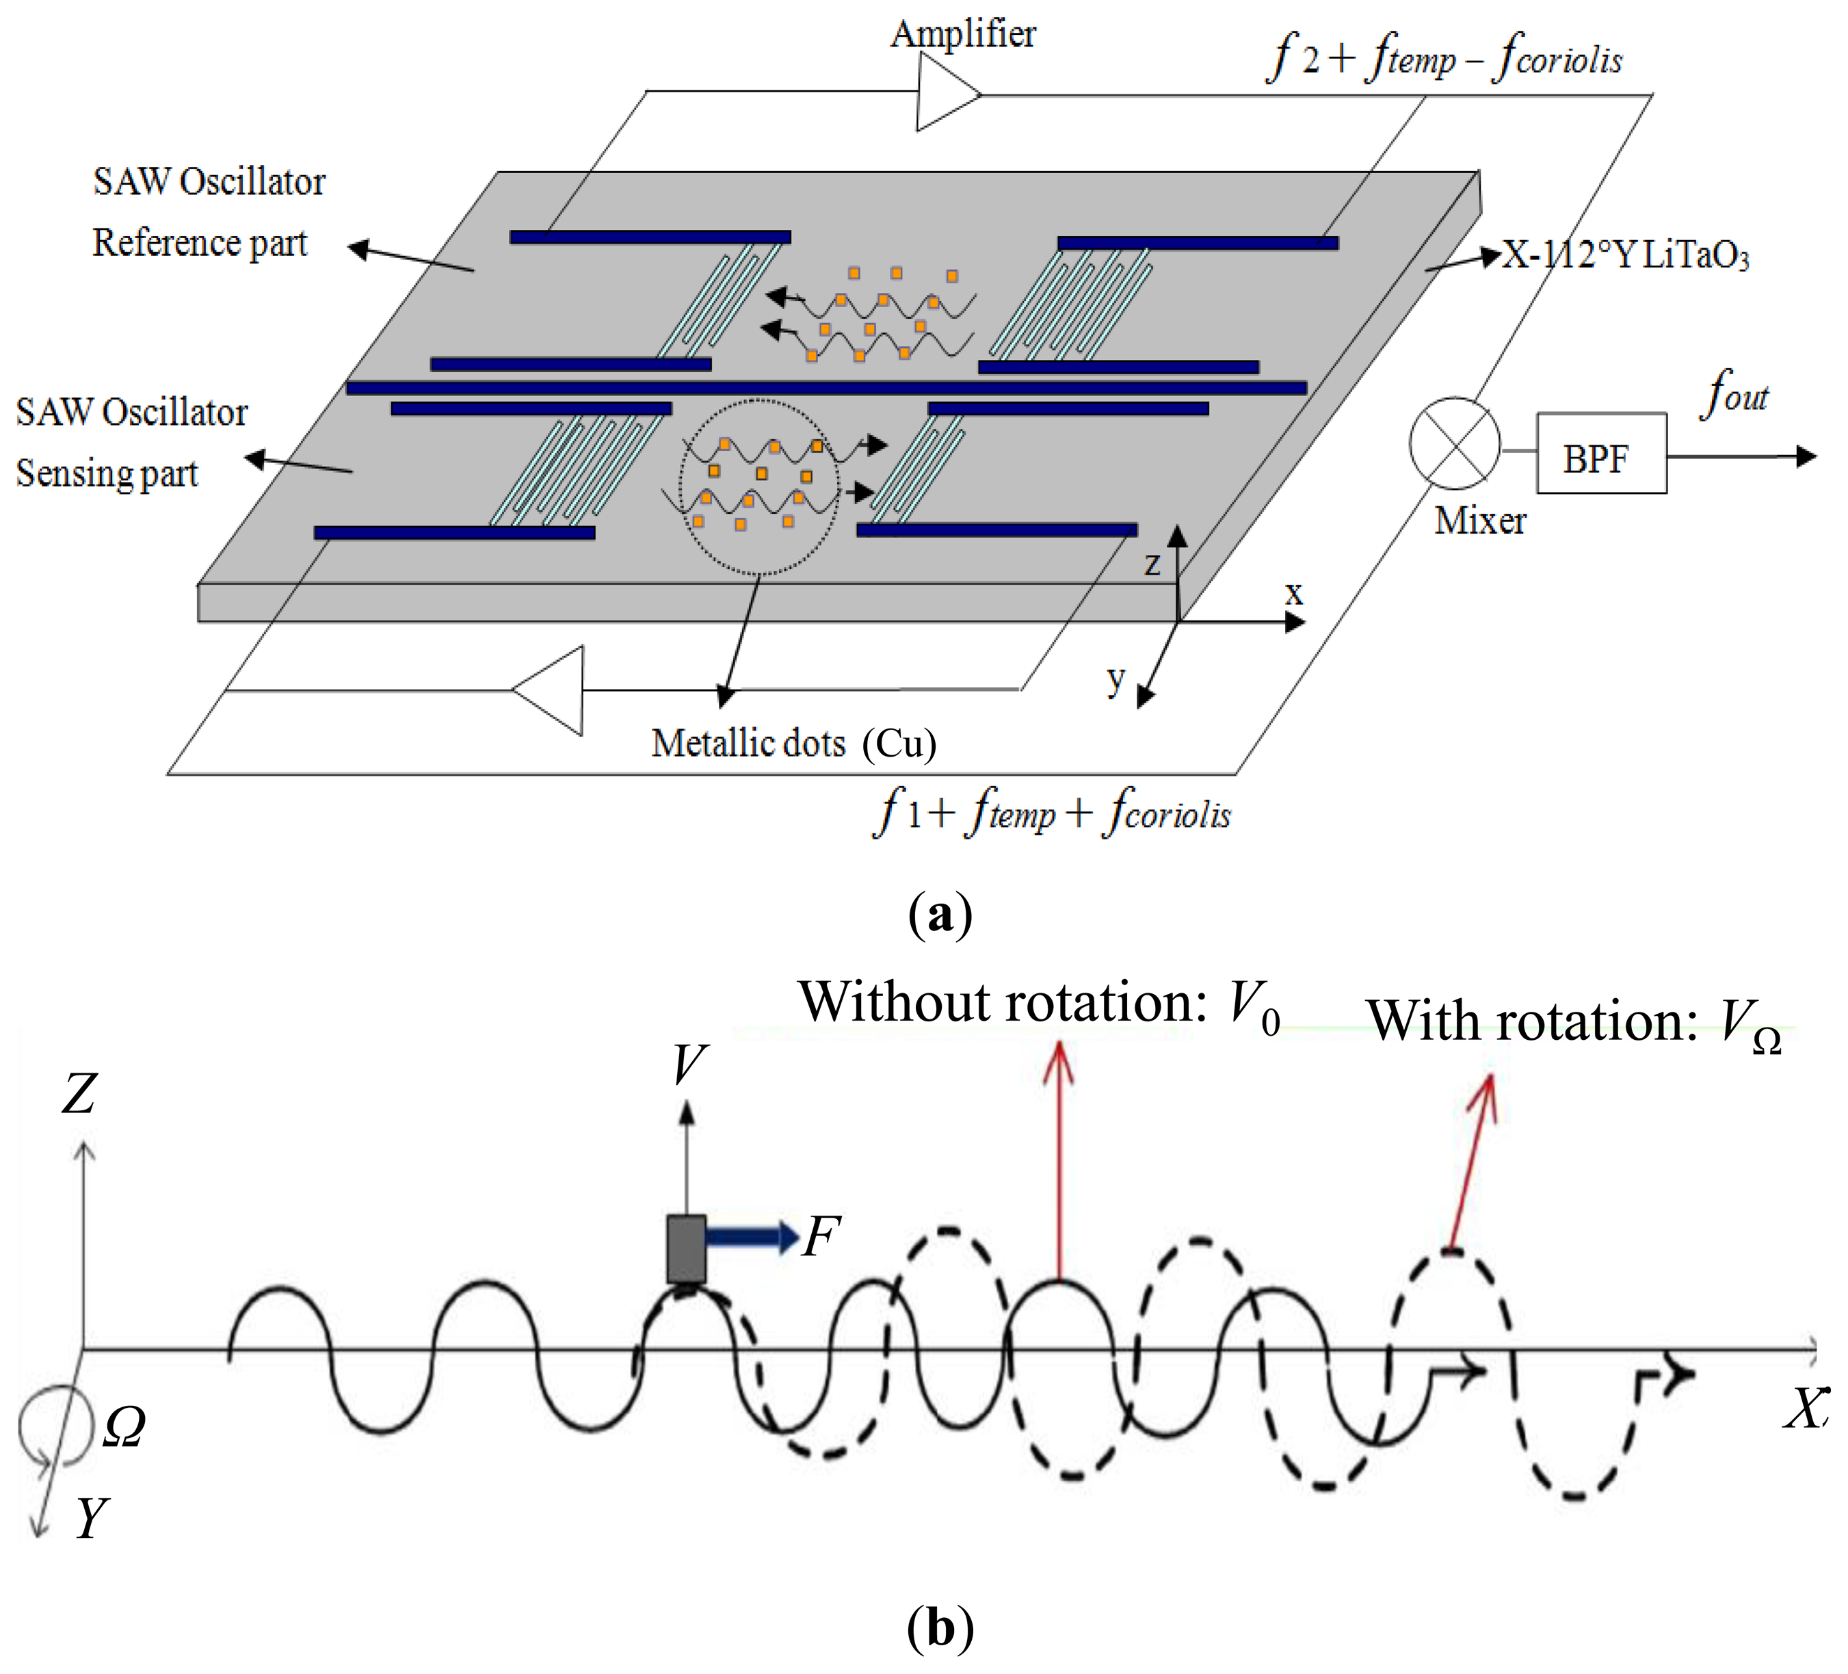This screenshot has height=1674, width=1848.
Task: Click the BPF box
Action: tap(1600, 453)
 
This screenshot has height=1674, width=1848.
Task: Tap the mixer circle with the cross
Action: tap(1454, 444)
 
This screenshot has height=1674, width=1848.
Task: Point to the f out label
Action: tap(1734, 394)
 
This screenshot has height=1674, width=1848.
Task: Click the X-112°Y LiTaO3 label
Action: tap(1624, 256)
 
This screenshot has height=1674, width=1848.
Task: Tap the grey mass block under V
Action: tap(686, 1248)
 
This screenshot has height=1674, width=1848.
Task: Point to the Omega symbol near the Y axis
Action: tap(124, 1426)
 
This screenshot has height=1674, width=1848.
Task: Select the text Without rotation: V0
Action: tap(1039, 1003)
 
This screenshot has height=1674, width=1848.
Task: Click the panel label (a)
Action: tap(940, 914)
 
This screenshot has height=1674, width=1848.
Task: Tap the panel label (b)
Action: tap(940, 1628)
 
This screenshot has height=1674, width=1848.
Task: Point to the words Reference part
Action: tap(200, 243)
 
